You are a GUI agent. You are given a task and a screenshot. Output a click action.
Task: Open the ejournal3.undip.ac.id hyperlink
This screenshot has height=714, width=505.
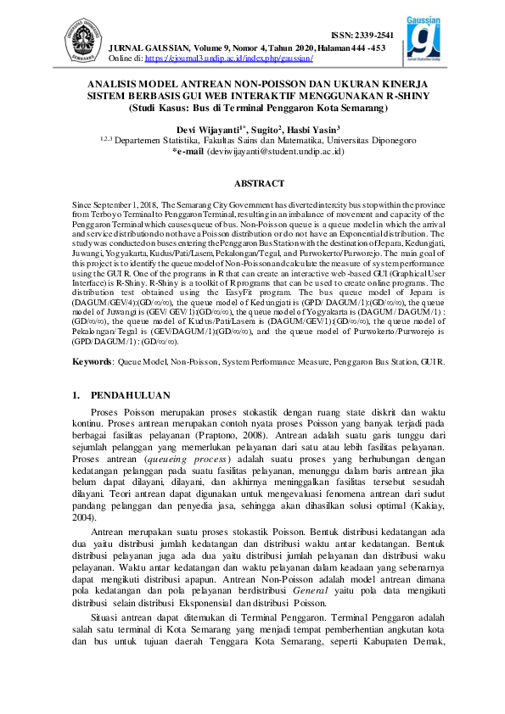click(x=229, y=59)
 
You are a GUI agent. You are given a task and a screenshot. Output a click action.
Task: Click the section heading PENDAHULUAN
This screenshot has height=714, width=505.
click(x=132, y=395)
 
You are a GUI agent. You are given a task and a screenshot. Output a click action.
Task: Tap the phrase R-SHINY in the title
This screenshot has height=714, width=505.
click(x=382, y=98)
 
